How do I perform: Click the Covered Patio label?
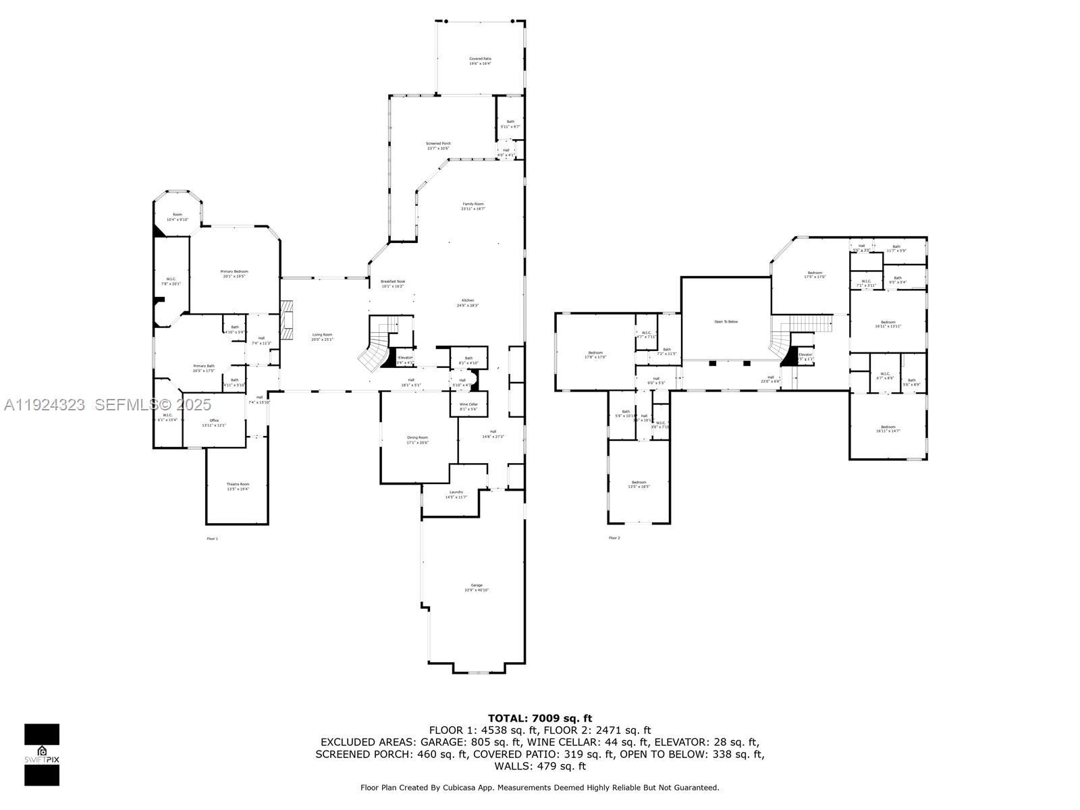click(480, 61)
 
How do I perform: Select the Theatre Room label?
click(238, 486)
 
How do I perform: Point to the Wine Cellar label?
click(468, 406)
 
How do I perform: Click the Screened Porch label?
click(438, 146)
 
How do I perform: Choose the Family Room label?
click(473, 206)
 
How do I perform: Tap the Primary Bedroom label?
click(234, 273)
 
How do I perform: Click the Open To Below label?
click(726, 322)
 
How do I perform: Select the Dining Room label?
click(417, 439)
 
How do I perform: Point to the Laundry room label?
click(456, 494)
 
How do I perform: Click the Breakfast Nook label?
click(392, 283)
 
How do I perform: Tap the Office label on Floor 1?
click(214, 423)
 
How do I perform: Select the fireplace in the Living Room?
click(288, 322)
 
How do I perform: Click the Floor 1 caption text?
click(212, 539)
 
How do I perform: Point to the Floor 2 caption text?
click(614, 538)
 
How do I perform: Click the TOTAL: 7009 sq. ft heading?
click(539, 718)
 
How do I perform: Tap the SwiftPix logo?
click(42, 755)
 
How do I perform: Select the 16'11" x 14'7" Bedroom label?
click(888, 429)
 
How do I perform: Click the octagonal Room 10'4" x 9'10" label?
click(178, 217)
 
